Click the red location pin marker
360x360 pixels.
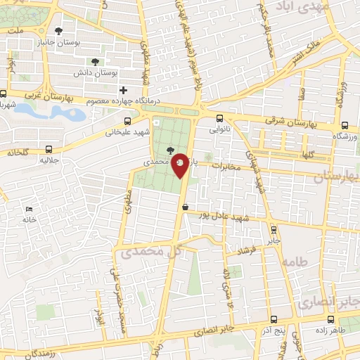pos(181,164)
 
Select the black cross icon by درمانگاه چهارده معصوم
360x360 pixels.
pos(124,90)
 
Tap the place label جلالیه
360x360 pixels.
pos(48,160)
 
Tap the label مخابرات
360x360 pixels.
pos(226,167)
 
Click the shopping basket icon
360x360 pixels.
pos(185,207)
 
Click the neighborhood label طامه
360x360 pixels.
pos(295,261)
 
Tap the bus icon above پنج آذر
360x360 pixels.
pos(274,319)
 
